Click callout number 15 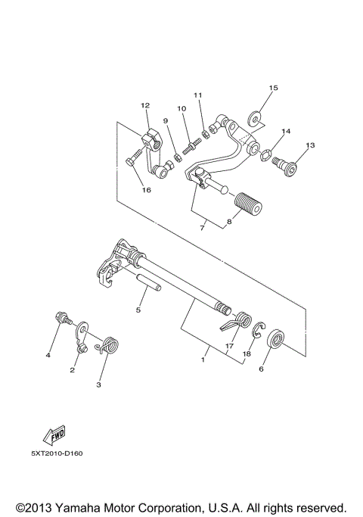274,89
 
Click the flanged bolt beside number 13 288,160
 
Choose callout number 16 147,190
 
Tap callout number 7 201,226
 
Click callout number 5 138,310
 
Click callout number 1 202,360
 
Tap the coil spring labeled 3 110,345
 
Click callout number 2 73,370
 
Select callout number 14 286,132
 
